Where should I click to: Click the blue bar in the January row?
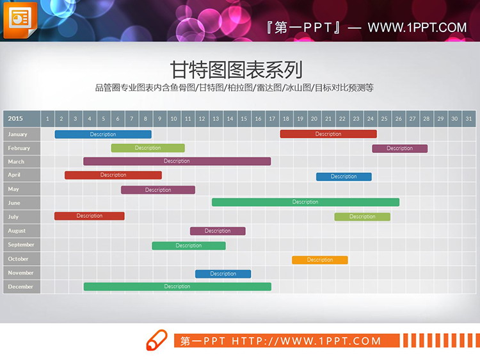click(103, 135)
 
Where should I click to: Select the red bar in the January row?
click(328, 135)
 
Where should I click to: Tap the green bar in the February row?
click(148, 148)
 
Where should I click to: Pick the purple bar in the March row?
click(177, 161)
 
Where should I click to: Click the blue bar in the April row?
click(344, 176)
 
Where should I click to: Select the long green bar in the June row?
click(305, 202)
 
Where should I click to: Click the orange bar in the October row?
click(320, 260)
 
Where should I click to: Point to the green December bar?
click(177, 287)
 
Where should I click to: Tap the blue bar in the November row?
click(223, 274)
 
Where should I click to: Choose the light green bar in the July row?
click(362, 217)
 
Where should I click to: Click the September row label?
click(22, 245)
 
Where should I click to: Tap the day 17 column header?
click(272, 119)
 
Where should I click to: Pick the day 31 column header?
click(468, 119)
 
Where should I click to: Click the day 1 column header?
click(47, 119)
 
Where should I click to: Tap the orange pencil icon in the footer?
click(157, 340)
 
